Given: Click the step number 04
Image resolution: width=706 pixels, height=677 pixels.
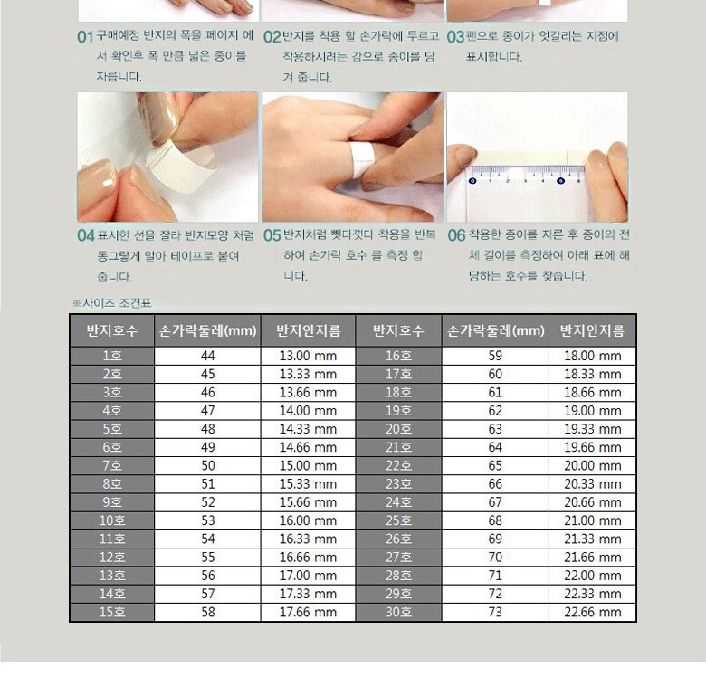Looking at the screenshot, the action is (x=86, y=235).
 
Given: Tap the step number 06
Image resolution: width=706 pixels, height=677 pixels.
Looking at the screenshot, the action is (x=456, y=235).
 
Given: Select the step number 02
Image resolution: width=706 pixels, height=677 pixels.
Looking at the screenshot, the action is (x=272, y=36).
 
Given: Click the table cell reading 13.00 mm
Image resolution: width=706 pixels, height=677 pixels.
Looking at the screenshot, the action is (x=308, y=356).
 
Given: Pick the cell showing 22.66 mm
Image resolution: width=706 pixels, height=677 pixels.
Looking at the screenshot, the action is (x=593, y=612).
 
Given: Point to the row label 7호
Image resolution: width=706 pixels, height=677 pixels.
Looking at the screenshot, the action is (x=112, y=466).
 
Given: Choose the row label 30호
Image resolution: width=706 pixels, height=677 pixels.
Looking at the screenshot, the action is (x=398, y=612).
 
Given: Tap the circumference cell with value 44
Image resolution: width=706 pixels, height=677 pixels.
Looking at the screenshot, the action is (x=207, y=356).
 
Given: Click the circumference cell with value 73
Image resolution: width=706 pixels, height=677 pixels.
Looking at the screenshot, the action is (x=495, y=612).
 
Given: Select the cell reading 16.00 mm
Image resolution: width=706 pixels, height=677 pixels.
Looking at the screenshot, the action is (x=308, y=520).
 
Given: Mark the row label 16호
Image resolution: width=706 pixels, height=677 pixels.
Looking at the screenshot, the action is (x=398, y=356).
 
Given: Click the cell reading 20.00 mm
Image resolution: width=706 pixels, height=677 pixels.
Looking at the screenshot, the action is (x=593, y=466).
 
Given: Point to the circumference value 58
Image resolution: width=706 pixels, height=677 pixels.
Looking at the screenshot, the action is (x=207, y=612).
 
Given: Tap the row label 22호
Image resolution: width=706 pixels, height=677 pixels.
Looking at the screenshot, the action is (x=398, y=466).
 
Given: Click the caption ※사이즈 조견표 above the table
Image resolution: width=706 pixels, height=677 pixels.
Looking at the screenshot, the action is (x=112, y=303).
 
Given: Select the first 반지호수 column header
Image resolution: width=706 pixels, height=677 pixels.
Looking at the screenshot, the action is (x=112, y=331).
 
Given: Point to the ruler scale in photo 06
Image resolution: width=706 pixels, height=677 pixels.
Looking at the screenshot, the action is (x=526, y=175).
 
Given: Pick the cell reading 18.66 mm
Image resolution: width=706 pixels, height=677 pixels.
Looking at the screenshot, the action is (x=593, y=393).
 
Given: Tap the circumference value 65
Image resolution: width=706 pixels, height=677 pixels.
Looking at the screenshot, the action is (x=495, y=466).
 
